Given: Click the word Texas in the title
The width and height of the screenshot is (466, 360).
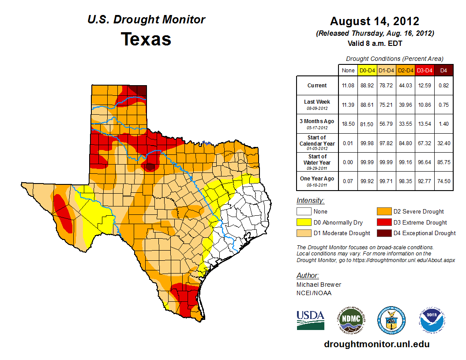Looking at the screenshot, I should [146, 39].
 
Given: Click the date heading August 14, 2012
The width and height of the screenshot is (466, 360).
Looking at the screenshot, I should [374, 21].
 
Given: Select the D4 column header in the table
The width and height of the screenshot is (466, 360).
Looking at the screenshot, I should [443, 70].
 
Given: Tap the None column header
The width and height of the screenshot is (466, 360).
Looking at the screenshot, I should [348, 70].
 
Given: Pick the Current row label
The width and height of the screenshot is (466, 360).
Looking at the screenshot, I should [317, 86].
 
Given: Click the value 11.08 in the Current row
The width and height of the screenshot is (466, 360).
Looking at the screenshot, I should [348, 86].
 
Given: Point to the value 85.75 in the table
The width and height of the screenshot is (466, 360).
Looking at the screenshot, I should [443, 162].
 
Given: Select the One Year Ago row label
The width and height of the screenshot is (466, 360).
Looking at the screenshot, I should [317, 179].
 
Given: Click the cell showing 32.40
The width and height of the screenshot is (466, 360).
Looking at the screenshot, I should [443, 143].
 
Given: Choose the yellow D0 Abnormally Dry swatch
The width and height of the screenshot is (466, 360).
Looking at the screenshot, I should [304, 222].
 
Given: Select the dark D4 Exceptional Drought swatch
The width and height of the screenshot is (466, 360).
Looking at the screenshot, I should [383, 233].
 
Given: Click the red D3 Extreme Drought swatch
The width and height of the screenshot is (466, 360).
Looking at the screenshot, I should [383, 222].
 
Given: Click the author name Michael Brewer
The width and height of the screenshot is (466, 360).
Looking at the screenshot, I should [319, 285].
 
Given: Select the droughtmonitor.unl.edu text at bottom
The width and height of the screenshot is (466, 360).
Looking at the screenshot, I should [376, 344].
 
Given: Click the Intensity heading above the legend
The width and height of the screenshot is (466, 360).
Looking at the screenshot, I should [310, 200].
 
